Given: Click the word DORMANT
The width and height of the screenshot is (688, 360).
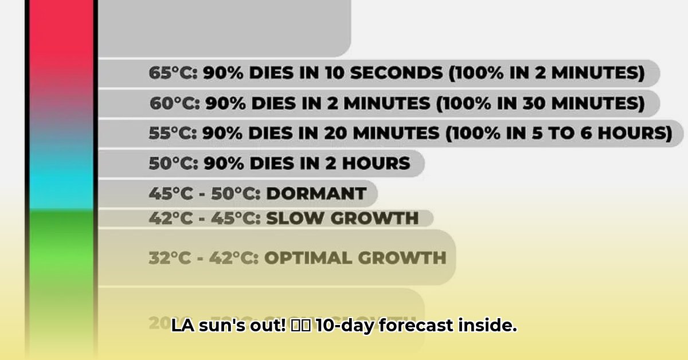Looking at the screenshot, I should click(x=316, y=193).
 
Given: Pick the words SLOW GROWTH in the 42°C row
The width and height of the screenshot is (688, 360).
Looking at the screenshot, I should click(x=342, y=218).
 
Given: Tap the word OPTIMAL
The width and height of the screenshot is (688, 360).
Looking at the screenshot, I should click(x=308, y=257).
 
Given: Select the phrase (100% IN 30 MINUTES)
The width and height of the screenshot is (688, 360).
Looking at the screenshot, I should click(x=540, y=103).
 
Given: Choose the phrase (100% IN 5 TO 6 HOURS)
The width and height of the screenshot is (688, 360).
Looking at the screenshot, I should click(x=559, y=133).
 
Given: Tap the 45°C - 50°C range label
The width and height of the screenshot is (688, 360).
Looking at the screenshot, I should click(x=204, y=193).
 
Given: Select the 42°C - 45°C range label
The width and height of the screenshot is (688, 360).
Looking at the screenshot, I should click(x=204, y=218).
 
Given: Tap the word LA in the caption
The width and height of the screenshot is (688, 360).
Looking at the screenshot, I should click(x=180, y=326).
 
